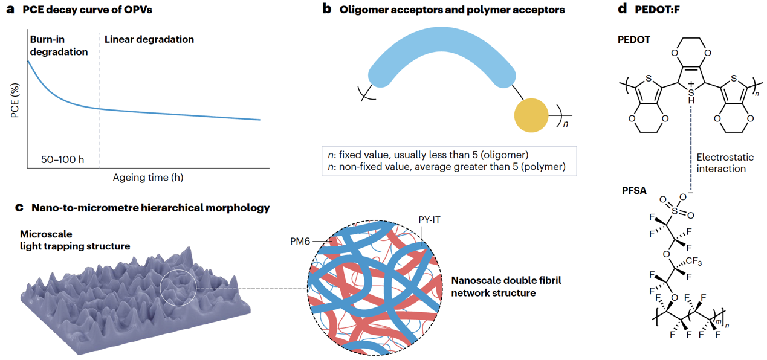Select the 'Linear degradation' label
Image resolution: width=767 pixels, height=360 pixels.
(x=149, y=39)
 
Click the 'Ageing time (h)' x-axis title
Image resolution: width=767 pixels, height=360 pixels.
(x=148, y=178)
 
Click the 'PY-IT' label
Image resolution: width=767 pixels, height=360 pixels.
(x=427, y=220)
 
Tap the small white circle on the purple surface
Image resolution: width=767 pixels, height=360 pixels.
(x=179, y=287)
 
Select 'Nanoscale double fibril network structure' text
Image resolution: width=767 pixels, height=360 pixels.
(x=493, y=287)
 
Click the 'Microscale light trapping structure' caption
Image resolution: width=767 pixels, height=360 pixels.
(x=75, y=239)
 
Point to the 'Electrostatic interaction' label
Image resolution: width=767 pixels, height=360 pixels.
(x=725, y=163)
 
